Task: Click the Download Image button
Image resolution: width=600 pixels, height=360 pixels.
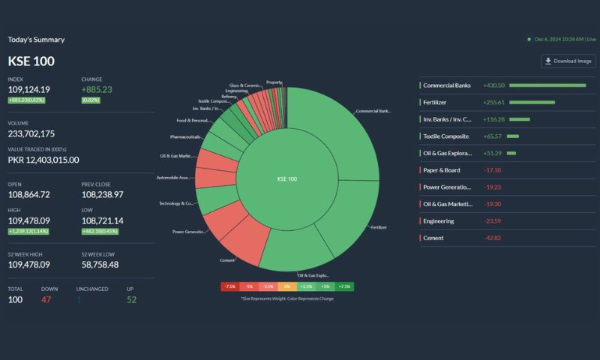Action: (568, 61)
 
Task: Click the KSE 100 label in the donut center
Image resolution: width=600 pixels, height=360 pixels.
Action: (287, 179)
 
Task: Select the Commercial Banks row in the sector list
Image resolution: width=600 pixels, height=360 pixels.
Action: (447, 85)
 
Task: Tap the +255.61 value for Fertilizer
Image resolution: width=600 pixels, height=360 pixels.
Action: (494, 102)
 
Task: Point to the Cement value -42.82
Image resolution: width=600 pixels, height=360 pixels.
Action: (493, 238)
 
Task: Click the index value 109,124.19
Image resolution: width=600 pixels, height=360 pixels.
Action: (29, 89)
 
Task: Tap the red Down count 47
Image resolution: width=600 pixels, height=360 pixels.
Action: (46, 299)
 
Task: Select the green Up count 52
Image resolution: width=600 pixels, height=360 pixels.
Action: (132, 299)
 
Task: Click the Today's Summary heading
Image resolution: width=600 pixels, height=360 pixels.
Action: (36, 40)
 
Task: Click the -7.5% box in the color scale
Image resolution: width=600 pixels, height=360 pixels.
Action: (230, 286)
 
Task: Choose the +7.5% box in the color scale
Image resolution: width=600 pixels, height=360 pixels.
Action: (344, 286)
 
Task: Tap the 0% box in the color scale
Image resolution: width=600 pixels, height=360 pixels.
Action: (287, 286)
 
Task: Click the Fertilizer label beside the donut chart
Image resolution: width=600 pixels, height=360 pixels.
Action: (379, 226)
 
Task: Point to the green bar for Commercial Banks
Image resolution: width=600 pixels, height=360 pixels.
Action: (547, 85)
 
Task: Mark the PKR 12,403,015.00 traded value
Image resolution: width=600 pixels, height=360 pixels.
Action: (43, 160)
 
